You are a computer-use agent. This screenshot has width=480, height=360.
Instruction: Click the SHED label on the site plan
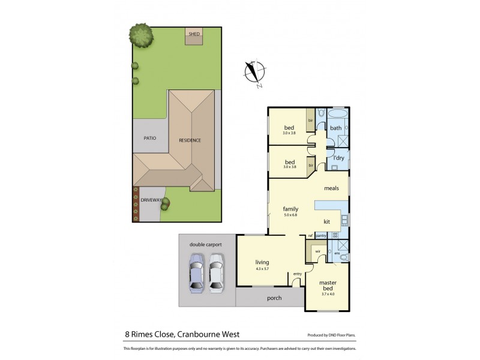pos(194,34)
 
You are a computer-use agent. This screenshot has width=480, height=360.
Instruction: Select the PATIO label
pos(150,138)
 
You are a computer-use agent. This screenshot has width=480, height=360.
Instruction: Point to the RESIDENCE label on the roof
pos(190,140)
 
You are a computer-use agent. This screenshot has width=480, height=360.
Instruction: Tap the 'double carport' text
pos(205,244)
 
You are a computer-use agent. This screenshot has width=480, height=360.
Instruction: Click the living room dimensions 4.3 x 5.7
pos(262,269)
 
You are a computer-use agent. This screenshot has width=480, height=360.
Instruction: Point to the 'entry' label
pos(296,274)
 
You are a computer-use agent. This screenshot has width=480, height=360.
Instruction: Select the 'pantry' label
pos(320,236)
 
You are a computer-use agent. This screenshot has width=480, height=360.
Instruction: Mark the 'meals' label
pos(332,188)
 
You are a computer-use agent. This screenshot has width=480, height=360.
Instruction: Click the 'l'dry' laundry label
pos(339,158)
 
